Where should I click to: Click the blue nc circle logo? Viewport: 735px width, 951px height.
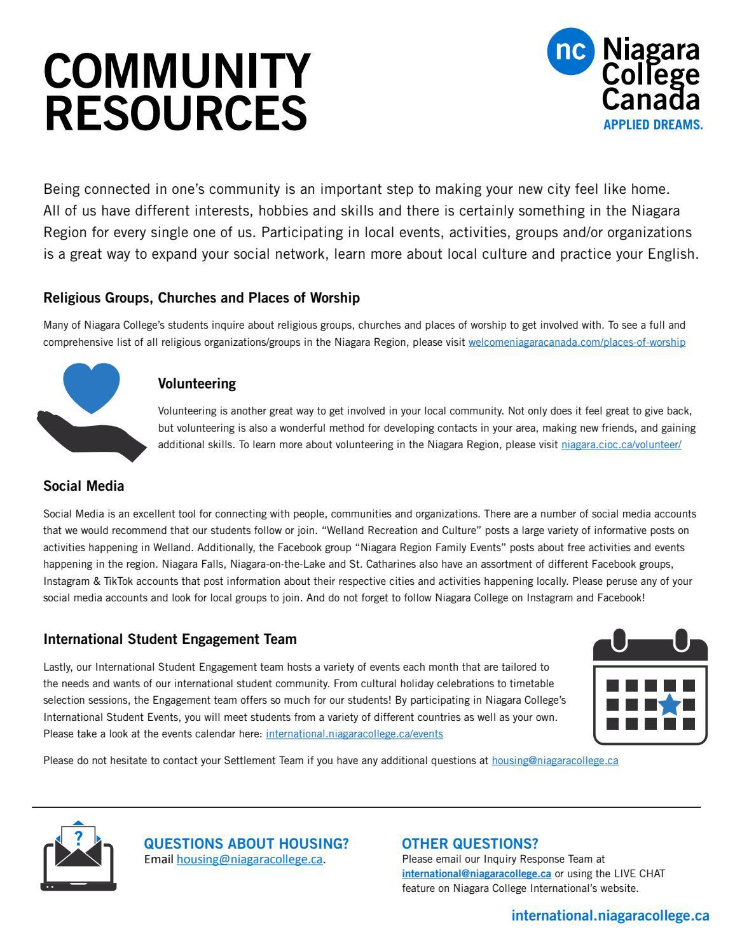pyautogui.click(x=571, y=51)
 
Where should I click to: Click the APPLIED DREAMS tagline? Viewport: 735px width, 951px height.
pyautogui.click(x=652, y=125)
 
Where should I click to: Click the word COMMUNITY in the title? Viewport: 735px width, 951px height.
pyautogui.click(x=177, y=71)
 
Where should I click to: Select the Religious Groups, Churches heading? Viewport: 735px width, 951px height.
pyautogui.click(x=201, y=298)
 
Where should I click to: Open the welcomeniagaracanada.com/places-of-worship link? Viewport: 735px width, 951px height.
pyautogui.click(x=577, y=343)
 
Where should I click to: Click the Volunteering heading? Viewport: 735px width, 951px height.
pyautogui.click(x=196, y=383)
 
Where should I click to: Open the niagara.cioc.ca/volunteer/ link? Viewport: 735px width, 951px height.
pyautogui.click(x=621, y=445)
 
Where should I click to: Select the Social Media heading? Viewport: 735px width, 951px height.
pyautogui.click(x=83, y=486)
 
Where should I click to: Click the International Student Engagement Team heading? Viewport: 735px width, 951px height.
pyautogui.click(x=170, y=639)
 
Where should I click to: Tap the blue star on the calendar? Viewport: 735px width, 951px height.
pyautogui.click(x=668, y=704)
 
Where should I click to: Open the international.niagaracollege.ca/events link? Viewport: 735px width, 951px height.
pyautogui.click(x=354, y=734)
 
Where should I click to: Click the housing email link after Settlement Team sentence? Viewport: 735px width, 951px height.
pyautogui.click(x=554, y=761)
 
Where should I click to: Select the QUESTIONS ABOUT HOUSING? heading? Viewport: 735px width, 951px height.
pyautogui.click(x=246, y=844)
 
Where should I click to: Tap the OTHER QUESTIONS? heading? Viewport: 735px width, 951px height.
pyautogui.click(x=469, y=844)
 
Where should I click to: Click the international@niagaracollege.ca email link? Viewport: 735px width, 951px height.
pyautogui.click(x=476, y=874)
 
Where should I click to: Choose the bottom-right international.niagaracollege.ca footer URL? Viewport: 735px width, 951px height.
pyautogui.click(x=610, y=916)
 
